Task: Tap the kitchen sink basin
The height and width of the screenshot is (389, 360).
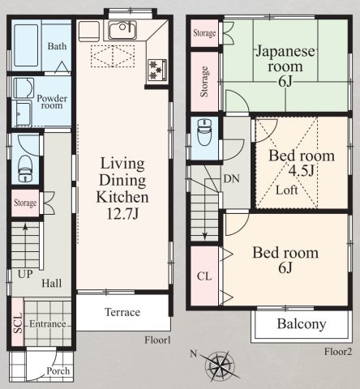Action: pyautogui.click(x=122, y=30)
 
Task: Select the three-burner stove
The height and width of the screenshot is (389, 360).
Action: pyautogui.click(x=157, y=70)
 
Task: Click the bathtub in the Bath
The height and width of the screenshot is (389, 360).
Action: pyautogui.click(x=26, y=45)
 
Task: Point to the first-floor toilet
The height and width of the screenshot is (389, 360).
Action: pyautogui.click(x=25, y=168)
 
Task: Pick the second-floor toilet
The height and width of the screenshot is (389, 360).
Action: pyautogui.click(x=204, y=131)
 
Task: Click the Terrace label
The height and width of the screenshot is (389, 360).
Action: pyautogui.click(x=122, y=312)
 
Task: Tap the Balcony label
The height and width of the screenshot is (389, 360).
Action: pyautogui.click(x=302, y=324)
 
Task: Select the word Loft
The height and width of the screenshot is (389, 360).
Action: pyautogui.click(x=287, y=190)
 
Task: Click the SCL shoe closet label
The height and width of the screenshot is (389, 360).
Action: pyautogui.click(x=18, y=323)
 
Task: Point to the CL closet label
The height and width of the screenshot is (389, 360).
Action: pyautogui.click(x=204, y=276)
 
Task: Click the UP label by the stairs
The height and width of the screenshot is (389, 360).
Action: pyautogui.click(x=25, y=274)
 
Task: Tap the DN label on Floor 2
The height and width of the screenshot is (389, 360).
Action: pyautogui.click(x=232, y=179)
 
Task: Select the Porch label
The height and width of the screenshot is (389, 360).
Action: pyautogui.click(x=58, y=371)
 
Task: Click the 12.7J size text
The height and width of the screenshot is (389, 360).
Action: pyautogui.click(x=123, y=214)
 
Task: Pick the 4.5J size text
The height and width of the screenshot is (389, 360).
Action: pyautogui.click(x=302, y=171)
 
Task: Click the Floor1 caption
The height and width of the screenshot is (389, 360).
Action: pyautogui.click(x=157, y=340)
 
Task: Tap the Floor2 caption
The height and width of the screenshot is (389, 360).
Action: pyautogui.click(x=338, y=352)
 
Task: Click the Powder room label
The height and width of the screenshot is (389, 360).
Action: pyautogui.click(x=52, y=101)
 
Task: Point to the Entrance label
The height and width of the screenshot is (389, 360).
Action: pyautogui.click(x=48, y=324)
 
